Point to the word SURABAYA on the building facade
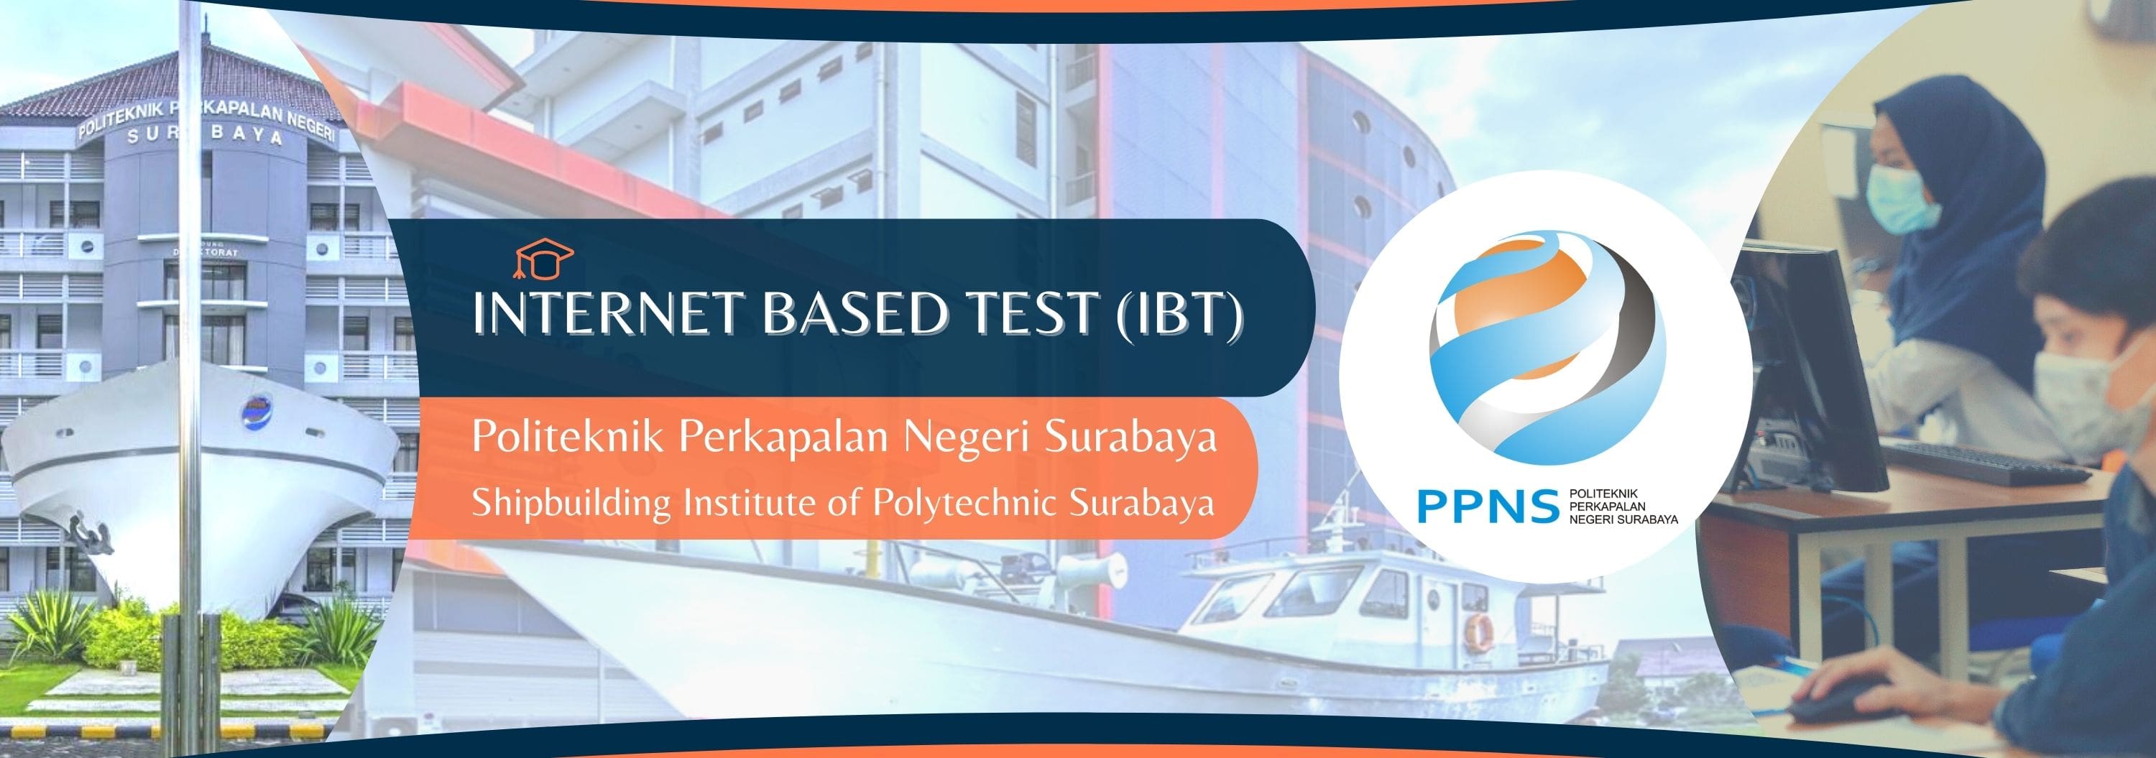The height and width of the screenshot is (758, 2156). point(204,137)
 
